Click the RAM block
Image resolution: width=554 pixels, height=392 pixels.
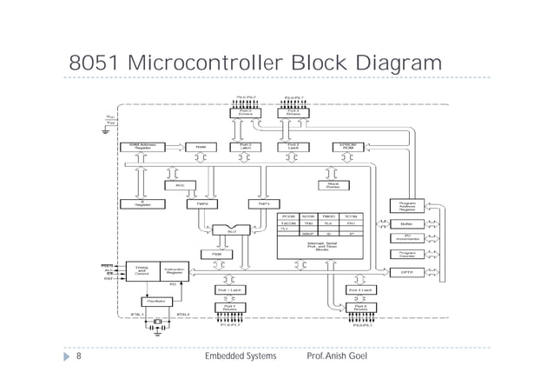pyautogui.click(x=201, y=146)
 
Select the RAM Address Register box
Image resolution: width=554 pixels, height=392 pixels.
pyautogui.click(x=142, y=146)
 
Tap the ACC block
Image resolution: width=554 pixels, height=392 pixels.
pyautogui.click(x=181, y=184)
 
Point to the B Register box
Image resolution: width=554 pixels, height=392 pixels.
pyautogui.click(x=142, y=204)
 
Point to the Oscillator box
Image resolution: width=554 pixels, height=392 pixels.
pyautogui.click(x=157, y=301)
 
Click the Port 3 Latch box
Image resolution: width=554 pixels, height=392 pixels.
pyautogui.click(x=359, y=289)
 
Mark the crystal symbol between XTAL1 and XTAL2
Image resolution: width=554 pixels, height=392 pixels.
pyautogui.click(x=157, y=323)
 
